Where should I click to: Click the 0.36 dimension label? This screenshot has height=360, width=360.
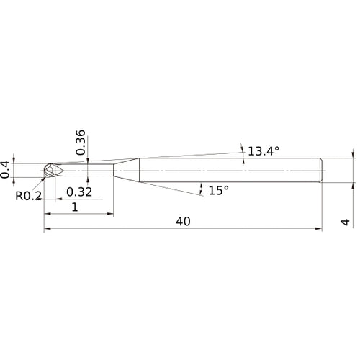(80, 143)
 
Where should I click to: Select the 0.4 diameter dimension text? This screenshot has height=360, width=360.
(6, 169)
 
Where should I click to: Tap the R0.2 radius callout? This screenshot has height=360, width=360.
(27, 195)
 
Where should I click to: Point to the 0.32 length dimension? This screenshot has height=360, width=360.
(79, 192)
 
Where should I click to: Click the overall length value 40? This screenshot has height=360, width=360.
(182, 222)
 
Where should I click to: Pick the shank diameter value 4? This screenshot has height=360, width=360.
(346, 222)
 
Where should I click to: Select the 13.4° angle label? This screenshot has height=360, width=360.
(262, 151)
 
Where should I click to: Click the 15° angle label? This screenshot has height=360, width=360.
(218, 190)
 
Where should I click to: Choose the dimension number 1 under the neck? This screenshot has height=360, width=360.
(76, 207)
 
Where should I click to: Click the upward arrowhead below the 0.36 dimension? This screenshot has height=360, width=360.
(86, 179)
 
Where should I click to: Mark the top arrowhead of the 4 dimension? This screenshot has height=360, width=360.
(353, 154)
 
